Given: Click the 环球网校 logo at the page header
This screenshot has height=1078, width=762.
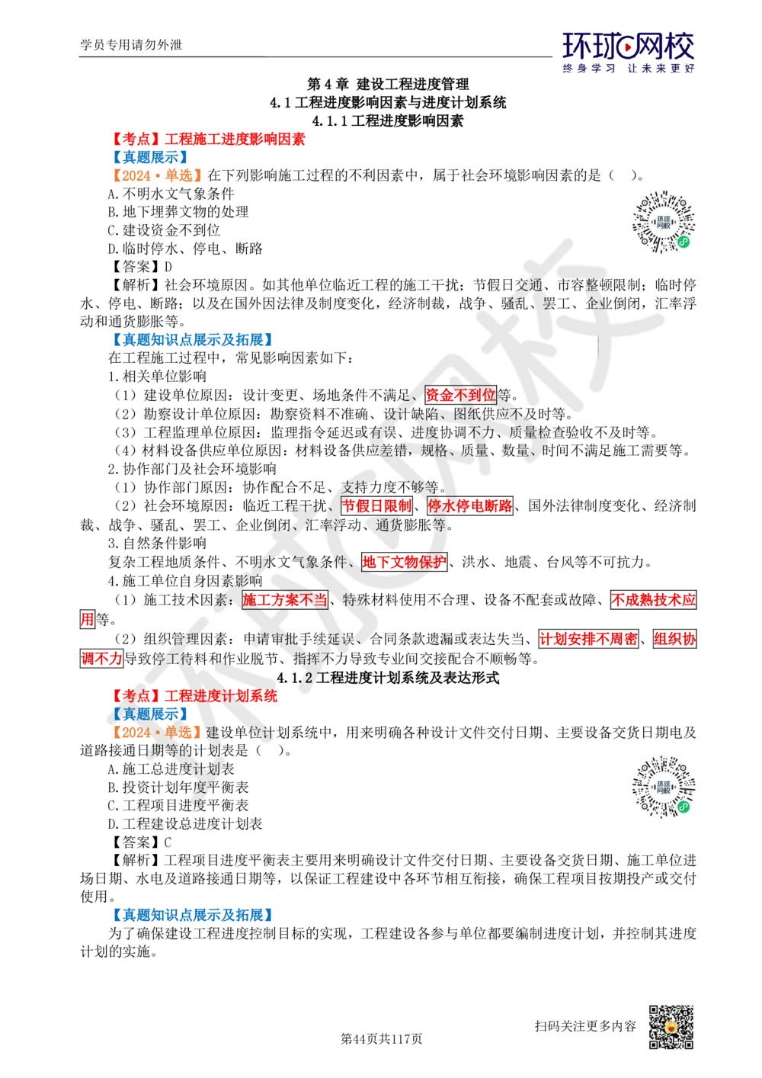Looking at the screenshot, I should click(x=628, y=51).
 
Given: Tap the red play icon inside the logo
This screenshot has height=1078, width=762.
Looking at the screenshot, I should click(x=628, y=48).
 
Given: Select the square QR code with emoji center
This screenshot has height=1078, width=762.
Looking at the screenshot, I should click(x=670, y=1028).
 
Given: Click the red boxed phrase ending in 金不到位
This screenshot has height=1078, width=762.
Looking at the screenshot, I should click(x=461, y=395).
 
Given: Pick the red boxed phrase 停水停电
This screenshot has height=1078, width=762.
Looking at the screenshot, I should click(x=469, y=505).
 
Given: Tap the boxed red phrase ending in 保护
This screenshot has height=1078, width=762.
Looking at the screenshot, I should click(x=404, y=563).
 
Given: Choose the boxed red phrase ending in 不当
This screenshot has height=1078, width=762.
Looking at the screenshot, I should click(x=285, y=600).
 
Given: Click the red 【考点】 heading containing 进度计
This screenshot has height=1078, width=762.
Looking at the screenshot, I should click(x=196, y=696).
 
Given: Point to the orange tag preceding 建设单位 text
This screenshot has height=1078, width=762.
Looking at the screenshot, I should click(x=156, y=733).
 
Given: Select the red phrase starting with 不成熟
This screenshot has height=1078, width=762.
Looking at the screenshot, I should click(x=652, y=600).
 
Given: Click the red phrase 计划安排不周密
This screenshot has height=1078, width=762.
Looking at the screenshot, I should click(x=588, y=639).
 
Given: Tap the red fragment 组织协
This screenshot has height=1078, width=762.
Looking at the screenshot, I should click(x=674, y=639).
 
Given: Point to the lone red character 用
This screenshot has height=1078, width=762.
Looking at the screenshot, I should click(x=87, y=619).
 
